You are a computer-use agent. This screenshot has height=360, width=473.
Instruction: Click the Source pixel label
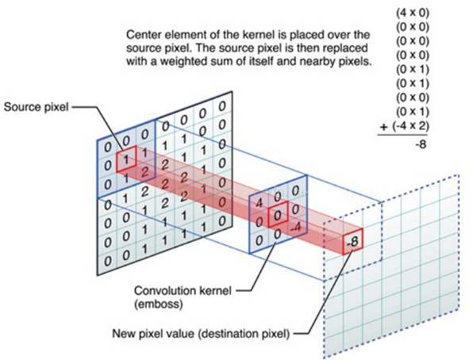(37, 107)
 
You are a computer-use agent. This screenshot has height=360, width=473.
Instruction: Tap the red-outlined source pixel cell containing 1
(126, 159)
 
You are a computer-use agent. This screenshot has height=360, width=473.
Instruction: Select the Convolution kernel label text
(183, 291)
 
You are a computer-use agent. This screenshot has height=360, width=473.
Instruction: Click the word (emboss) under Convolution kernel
(159, 304)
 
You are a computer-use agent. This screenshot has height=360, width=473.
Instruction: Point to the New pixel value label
(201, 334)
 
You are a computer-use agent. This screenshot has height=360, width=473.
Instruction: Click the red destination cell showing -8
(352, 242)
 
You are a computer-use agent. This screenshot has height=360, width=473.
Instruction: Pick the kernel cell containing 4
(259, 203)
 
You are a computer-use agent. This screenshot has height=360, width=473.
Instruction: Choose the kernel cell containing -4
(295, 227)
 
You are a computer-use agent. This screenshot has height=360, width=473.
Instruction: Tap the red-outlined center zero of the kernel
(278, 214)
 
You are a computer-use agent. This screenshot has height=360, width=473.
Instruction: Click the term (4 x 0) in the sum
(413, 13)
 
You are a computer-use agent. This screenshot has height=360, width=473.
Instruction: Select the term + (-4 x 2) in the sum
(404, 126)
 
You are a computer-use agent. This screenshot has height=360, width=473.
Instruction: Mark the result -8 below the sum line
(421, 145)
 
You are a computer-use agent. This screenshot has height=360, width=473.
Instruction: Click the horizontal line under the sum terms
(402, 135)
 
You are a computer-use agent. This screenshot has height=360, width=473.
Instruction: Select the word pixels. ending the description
(353, 62)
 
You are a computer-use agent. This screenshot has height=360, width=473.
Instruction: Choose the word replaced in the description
(347, 48)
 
